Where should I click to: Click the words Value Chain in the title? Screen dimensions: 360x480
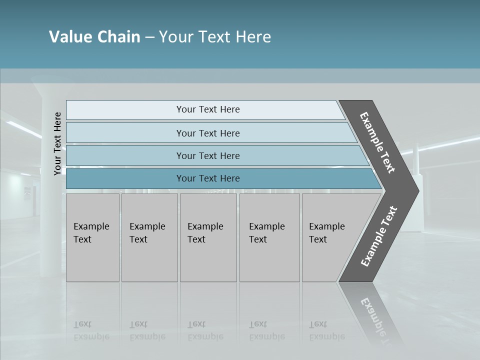pos(94,37)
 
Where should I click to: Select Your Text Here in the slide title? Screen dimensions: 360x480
pos(215,37)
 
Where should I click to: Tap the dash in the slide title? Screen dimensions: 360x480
pos(149,37)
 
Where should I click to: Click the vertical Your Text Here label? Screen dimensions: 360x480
pos(57,143)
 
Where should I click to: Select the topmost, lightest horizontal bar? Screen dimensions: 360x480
pos(207,109)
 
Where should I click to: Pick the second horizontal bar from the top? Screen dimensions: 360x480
pos(207,133)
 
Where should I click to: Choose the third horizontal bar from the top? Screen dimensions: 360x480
pos(207,155)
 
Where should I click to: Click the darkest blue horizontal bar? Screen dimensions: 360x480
pos(207,178)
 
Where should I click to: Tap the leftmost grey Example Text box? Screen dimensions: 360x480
pos(92,237)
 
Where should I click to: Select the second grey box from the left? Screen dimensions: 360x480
pos(149,237)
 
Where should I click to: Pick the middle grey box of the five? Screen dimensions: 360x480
pos(208,237)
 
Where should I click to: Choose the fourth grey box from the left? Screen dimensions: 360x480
pos(269,237)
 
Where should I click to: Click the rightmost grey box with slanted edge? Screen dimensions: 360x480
pos(330,237)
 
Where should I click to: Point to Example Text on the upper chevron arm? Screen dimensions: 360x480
pos(377,142)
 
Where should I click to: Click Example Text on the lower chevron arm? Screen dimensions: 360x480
pos(379,236)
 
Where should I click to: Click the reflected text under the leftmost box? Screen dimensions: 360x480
pos(91,330)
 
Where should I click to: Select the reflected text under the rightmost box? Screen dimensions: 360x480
pos(326,330)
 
